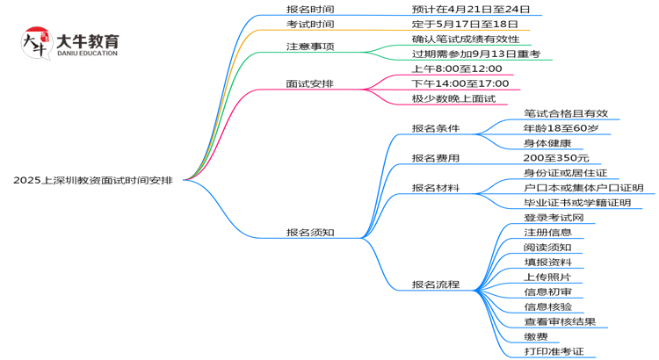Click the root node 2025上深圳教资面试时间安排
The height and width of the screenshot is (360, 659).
pos(92,179)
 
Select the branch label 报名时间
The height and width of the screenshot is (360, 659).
pos(310,9)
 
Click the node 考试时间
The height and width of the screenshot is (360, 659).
pos(310,24)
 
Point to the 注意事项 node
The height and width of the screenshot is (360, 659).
pos(310,46)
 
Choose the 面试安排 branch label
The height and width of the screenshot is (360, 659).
pos(310,83)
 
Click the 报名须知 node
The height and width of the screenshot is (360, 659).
pos(310,233)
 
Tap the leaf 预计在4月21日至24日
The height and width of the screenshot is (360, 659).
pos(471,9)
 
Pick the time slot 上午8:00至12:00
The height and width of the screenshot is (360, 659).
pos(456,68)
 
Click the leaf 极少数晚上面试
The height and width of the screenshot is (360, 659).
pos(453,98)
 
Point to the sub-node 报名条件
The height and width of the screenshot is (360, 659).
pos(436,128)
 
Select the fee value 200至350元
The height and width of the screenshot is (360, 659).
pos(556,158)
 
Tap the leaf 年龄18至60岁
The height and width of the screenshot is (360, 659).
pos(561,128)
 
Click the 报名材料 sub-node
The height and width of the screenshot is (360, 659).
pos(436,188)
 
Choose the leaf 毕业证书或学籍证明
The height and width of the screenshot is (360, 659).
pos(577,203)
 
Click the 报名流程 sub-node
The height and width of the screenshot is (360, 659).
pos(436,284)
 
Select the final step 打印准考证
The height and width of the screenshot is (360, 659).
pos(554,351)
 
